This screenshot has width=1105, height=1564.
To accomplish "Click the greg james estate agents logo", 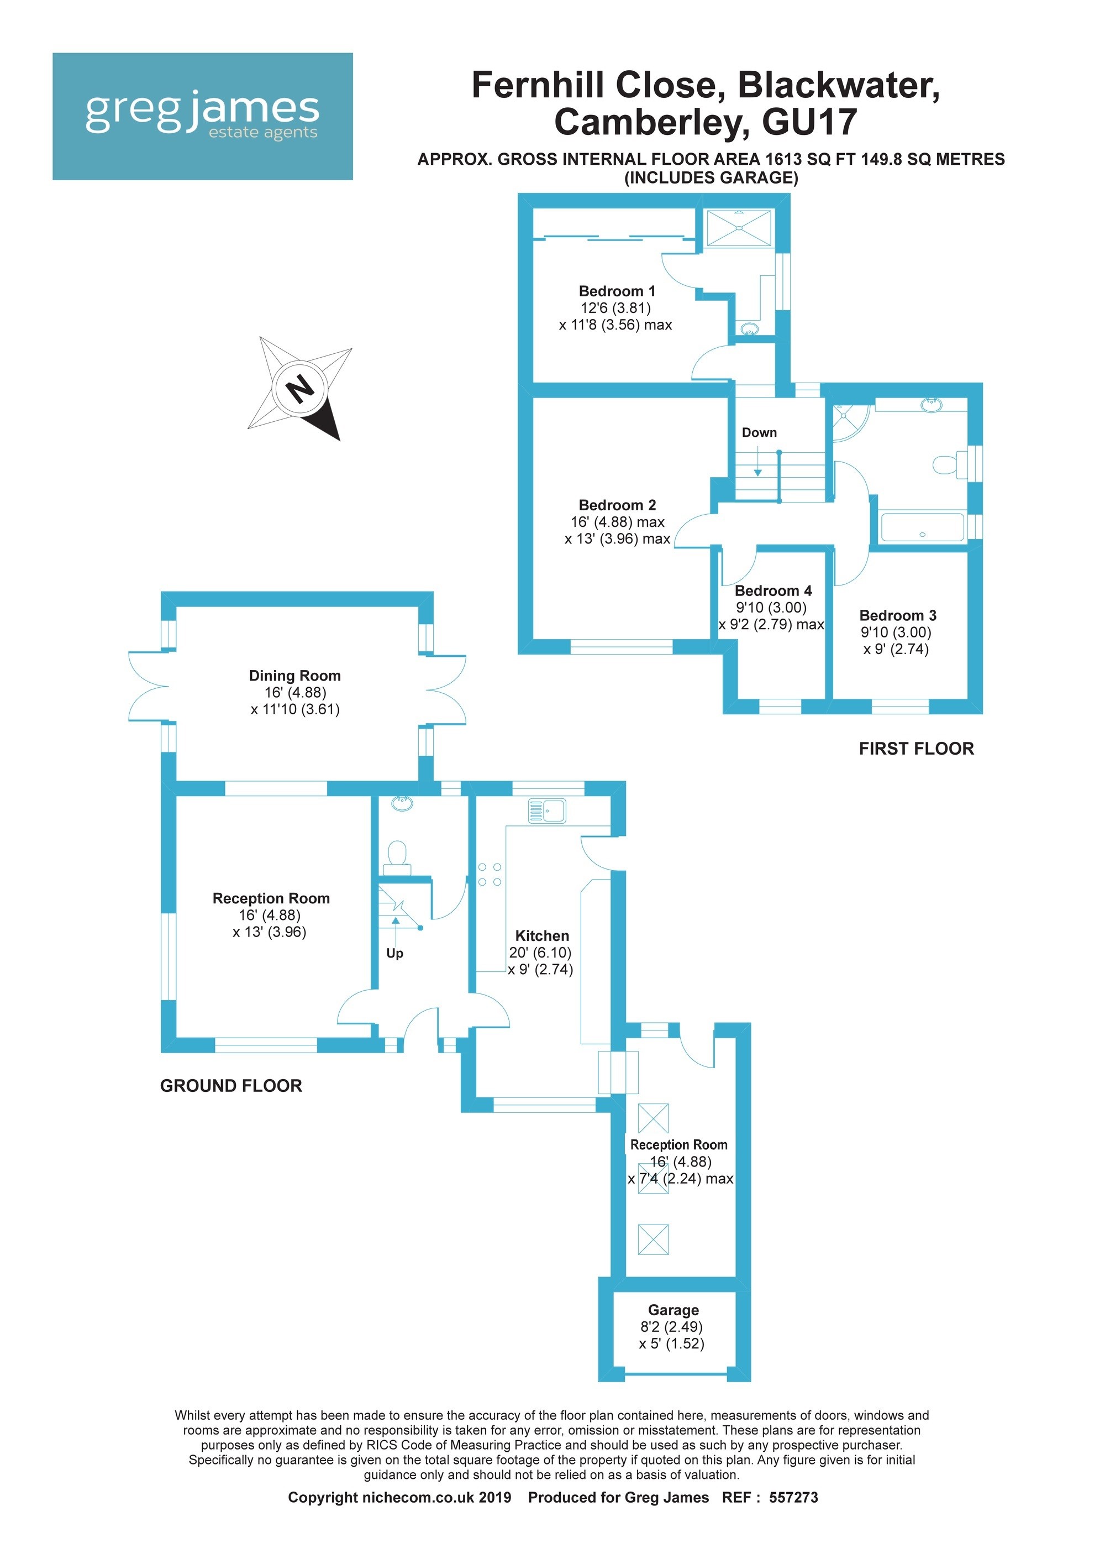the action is point(202,117).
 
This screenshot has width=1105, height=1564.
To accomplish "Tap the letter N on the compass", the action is point(300,390).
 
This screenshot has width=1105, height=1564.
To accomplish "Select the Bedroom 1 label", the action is point(617,291).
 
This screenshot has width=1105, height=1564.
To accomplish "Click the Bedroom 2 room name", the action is point(617,505).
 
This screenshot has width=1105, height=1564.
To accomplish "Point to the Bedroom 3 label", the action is point(897,615).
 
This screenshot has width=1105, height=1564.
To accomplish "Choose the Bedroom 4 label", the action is point(773,590).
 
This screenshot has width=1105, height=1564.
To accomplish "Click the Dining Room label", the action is point(295,676).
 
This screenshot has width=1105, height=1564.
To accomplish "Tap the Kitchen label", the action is point(542,936).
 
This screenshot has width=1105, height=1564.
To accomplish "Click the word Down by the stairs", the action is point(759,432).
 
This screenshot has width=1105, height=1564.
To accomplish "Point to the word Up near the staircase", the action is point(395,954).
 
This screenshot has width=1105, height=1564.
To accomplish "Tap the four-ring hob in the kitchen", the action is point(490,875).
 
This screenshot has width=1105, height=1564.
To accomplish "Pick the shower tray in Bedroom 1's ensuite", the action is point(739,228).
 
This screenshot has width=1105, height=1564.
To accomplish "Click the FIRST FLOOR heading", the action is point(917,749).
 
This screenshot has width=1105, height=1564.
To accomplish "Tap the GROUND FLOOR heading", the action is point(231,1086).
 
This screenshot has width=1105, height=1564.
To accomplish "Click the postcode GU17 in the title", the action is point(809,123).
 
